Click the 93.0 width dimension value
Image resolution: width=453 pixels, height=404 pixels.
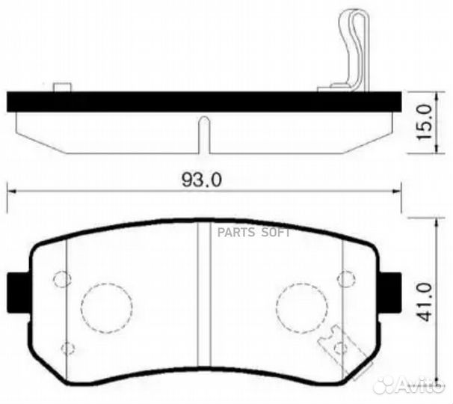coord(203,180)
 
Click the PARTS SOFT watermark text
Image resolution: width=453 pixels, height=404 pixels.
coord(253,231)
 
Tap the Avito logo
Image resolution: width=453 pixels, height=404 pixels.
coord(411,385)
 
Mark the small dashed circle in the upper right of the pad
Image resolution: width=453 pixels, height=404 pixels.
coord(345,279)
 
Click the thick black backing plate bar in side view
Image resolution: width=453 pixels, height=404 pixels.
coord(202,102)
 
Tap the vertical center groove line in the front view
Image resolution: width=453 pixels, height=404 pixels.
coord(202,299)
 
